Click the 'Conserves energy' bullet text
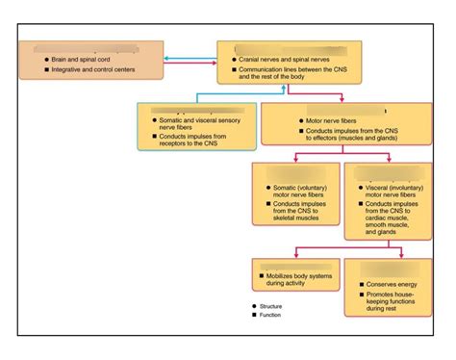tap(389, 284)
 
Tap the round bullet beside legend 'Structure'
tap(254, 306)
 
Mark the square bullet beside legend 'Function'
tap(254, 314)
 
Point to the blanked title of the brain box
tap(84, 48)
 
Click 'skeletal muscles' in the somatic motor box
tap(295, 219)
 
